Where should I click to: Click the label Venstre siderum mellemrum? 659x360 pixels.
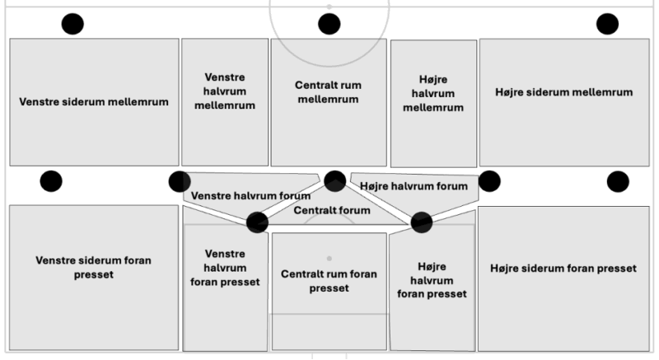click(94, 102)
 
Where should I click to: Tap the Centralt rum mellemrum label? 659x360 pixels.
click(328, 91)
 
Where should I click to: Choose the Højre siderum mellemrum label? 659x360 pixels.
click(563, 91)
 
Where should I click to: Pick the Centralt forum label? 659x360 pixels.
click(332, 210)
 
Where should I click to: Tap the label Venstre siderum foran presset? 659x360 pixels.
click(94, 268)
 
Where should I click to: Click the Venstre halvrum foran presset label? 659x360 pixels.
click(225, 268)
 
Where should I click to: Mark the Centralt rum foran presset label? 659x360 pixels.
click(329, 281)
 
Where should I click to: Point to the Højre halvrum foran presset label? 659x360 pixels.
click(432, 280)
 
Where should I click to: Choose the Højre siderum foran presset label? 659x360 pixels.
click(563, 269)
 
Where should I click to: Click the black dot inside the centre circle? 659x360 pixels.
click(329, 24)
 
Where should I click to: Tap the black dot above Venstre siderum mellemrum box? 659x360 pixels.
click(72, 24)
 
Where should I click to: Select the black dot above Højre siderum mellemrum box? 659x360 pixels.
click(607, 24)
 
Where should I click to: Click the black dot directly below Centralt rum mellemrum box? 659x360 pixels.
click(334, 181)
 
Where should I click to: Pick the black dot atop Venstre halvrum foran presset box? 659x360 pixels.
click(257, 222)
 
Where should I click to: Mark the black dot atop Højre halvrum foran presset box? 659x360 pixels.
click(422, 222)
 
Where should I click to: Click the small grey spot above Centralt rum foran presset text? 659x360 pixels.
click(329, 258)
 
